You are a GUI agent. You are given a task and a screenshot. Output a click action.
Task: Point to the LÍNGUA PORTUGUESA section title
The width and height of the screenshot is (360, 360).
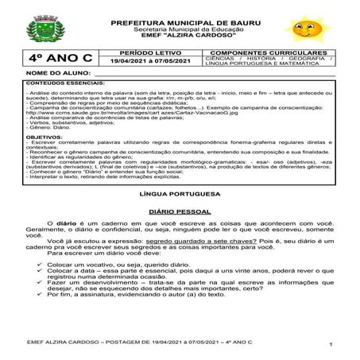[179, 215]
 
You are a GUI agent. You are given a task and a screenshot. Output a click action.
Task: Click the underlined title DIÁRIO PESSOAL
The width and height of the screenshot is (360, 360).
[179, 236]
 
